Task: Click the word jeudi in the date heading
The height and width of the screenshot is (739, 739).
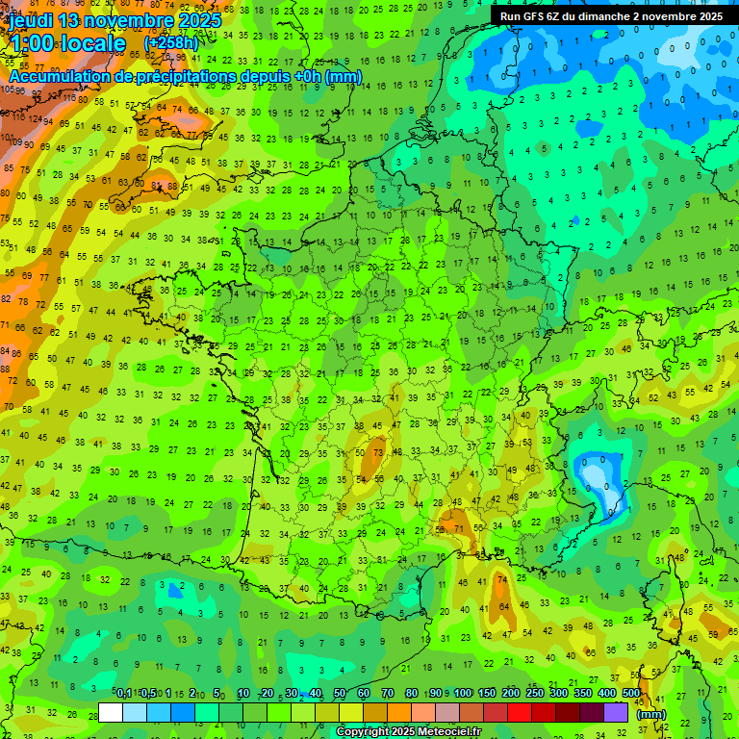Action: pyautogui.click(x=35, y=20)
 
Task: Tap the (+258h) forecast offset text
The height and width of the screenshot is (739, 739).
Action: pyautogui.click(x=170, y=43)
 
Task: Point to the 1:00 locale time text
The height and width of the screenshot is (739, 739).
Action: pyautogui.click(x=67, y=43)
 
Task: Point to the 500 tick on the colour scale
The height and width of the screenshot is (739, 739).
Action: pyautogui.click(x=631, y=694)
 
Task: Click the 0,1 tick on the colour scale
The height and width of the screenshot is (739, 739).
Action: pyautogui.click(x=124, y=694)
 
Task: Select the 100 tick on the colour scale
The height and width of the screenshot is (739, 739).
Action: pyautogui.click(x=463, y=694)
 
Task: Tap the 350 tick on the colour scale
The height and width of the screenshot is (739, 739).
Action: pyautogui.click(x=583, y=694)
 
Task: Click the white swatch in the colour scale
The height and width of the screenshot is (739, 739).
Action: pyautogui.click(x=111, y=712)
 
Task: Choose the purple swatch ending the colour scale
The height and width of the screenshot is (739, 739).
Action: pyautogui.click(x=616, y=712)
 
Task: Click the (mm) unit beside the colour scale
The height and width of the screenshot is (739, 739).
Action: pyautogui.click(x=651, y=714)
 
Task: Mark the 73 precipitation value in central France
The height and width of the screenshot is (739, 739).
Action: pyautogui.click(x=378, y=452)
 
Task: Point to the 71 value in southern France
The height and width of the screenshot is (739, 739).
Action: pyautogui.click(x=460, y=529)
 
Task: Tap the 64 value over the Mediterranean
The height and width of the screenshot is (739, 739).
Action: pyautogui.click(x=505, y=607)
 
